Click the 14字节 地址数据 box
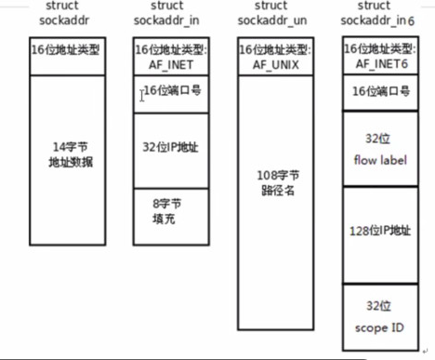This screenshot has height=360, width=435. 71,153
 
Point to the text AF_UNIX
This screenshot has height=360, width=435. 277,63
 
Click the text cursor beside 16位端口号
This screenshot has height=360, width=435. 142,95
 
